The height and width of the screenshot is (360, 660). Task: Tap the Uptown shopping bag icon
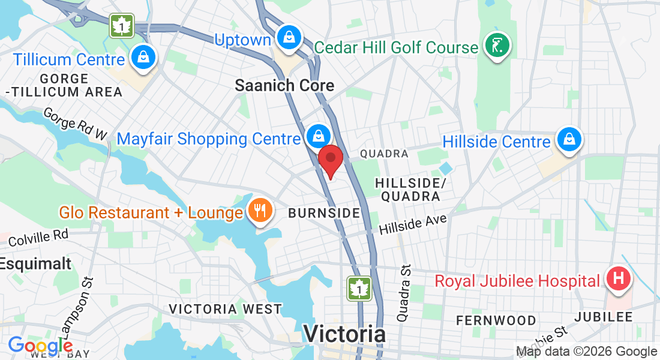click(290, 37)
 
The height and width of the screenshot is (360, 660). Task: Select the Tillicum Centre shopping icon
click(143, 58)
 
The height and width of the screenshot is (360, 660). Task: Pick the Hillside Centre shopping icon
click(567, 139)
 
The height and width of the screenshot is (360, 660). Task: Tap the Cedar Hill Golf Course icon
click(497, 46)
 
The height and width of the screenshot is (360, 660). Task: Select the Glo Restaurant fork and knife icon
click(260, 211)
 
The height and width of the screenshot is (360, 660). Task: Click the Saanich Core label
click(284, 85)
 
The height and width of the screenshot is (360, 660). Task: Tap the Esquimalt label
click(35, 263)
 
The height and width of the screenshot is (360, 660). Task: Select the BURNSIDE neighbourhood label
click(324, 213)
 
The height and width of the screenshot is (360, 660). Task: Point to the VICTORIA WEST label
click(225, 309)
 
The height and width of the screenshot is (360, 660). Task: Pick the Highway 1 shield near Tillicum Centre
click(122, 26)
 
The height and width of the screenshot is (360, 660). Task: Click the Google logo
click(40, 346)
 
